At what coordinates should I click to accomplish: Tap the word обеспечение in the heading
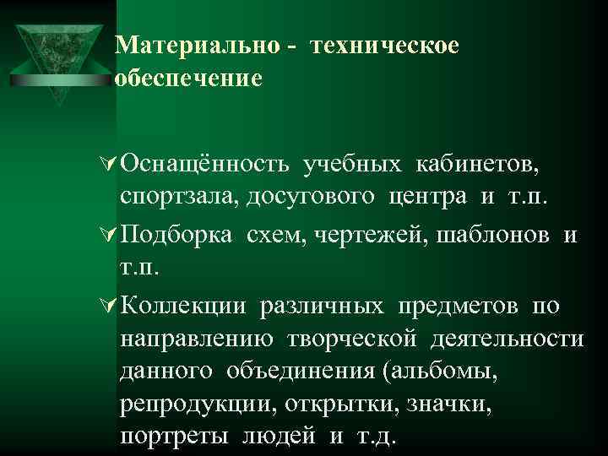tap(188, 79)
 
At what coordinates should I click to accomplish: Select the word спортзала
tap(179, 198)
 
